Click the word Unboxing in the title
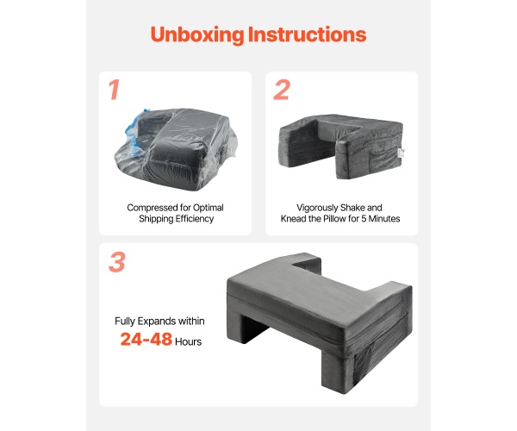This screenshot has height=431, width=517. [x=197, y=34]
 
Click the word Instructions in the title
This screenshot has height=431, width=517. [x=307, y=34]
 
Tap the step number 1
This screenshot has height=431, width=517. [x=114, y=90]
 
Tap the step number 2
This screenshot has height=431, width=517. [x=282, y=90]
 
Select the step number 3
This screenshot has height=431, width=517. [x=117, y=262]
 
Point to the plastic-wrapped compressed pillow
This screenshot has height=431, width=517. [x=176, y=149]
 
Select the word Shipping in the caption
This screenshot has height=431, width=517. [x=156, y=219]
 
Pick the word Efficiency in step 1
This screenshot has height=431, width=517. [x=195, y=219]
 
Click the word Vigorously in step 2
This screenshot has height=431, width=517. [x=317, y=208]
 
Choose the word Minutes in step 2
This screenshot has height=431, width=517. [x=384, y=219]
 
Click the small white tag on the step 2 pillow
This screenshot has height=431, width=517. [x=402, y=153]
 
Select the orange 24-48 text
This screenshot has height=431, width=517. [x=146, y=339]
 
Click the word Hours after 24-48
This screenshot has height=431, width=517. [x=188, y=341]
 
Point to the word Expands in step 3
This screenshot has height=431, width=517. [x=157, y=322]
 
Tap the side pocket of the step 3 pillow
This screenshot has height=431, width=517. [x=363, y=369]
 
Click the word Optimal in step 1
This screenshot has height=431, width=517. [x=208, y=208]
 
